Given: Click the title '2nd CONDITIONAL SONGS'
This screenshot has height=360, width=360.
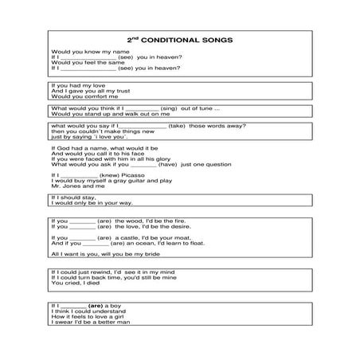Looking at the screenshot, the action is [179, 39].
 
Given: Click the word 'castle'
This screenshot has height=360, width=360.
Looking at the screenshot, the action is [135, 237].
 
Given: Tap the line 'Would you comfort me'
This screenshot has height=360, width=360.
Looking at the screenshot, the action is [80, 96].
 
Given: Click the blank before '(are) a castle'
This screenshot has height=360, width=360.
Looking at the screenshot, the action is [83, 238].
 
